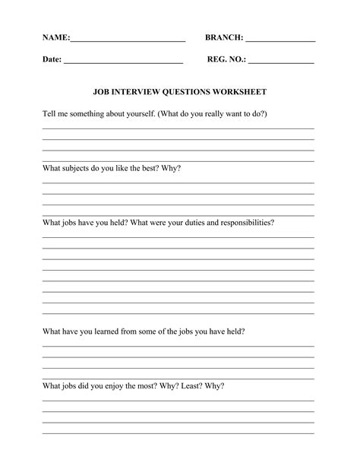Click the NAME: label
pyautogui.click(x=56, y=37)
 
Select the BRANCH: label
pyautogui.click(x=224, y=37)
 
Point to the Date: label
pyautogui.click(x=52, y=59)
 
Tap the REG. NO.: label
pyautogui.click(x=226, y=59)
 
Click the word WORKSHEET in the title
pyautogui.click(x=239, y=91)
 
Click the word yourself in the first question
pyautogui.click(x=136, y=113)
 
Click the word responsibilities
pyautogui.click(x=242, y=223)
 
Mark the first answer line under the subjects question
pyautogui.click(x=178, y=183)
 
